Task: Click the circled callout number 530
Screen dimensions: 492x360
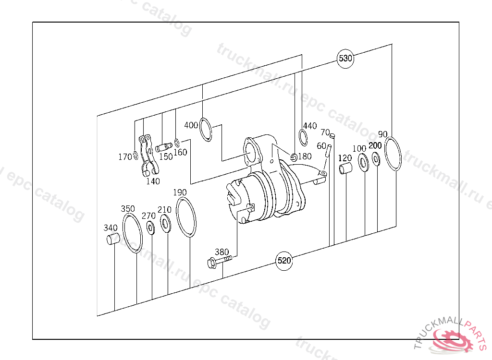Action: tap(345, 59)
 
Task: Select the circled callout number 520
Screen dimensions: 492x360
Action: tap(284, 261)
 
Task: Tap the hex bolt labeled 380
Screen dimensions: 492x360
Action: tap(219, 261)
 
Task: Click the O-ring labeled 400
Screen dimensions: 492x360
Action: tap(200, 129)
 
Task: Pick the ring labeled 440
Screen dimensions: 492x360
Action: tap(300, 137)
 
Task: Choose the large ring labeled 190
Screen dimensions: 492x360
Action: tap(177, 216)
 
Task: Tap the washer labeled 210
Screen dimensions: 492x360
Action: tap(165, 223)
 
